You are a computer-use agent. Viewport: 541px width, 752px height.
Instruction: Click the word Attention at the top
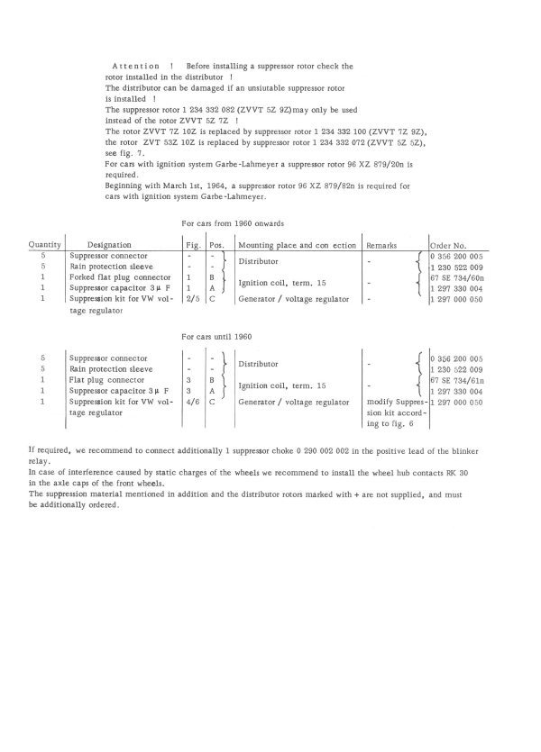(136, 67)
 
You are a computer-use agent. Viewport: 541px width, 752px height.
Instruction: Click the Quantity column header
(44, 244)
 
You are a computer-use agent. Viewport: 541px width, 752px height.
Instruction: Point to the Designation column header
(110, 244)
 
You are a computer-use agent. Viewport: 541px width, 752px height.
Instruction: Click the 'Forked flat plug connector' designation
(116, 277)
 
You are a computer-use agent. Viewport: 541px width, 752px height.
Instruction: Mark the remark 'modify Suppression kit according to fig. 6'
(390, 412)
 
